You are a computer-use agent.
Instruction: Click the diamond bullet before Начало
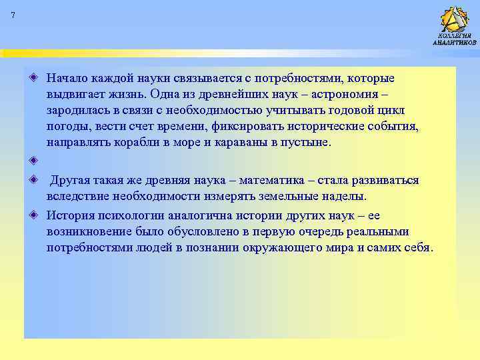click(x=33, y=79)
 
